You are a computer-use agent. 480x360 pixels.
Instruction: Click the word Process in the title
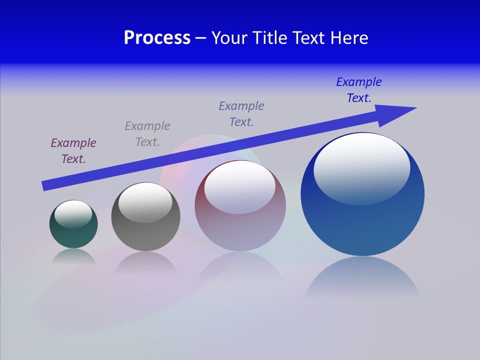157,38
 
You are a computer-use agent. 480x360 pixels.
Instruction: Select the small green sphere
73,235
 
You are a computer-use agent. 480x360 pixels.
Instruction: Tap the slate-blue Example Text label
241,114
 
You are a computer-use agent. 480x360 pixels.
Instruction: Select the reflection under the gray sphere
145,262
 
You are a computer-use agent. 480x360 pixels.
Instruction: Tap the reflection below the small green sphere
73,256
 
